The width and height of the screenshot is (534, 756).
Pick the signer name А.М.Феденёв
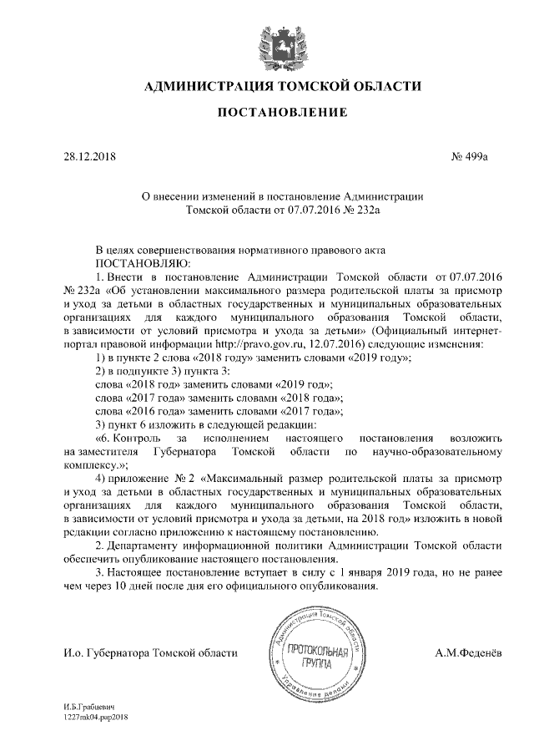point(468,652)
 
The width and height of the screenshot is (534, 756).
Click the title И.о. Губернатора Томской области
point(150,652)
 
